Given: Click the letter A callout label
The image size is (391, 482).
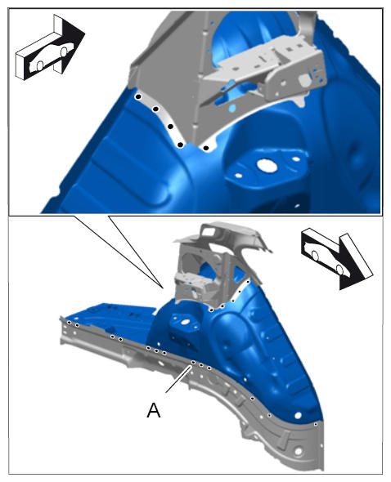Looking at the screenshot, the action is tap(154, 410).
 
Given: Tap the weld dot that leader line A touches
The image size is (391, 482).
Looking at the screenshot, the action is tap(193, 363).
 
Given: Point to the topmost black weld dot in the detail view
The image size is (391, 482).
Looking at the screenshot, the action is tap(138, 97).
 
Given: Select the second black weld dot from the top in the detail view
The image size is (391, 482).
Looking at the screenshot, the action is tap(155, 109).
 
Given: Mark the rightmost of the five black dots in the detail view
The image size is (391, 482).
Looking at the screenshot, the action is tap(206, 148).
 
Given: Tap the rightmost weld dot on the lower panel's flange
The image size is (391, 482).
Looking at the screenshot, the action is tap(316, 424).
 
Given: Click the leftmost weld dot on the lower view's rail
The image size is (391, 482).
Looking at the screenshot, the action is tap(70, 322).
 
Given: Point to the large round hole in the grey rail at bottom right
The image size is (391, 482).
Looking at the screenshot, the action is tap(298, 451).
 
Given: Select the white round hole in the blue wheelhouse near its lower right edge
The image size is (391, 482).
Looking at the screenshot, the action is tap(298, 415).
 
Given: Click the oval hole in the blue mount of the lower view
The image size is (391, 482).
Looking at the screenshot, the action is tap(185, 322).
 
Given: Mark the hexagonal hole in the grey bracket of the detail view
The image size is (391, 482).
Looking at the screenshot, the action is tap(303, 79).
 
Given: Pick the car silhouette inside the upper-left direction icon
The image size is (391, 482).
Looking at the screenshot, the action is tap(51, 56).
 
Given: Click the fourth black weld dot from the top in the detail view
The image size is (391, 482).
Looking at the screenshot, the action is tap(181, 145).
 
